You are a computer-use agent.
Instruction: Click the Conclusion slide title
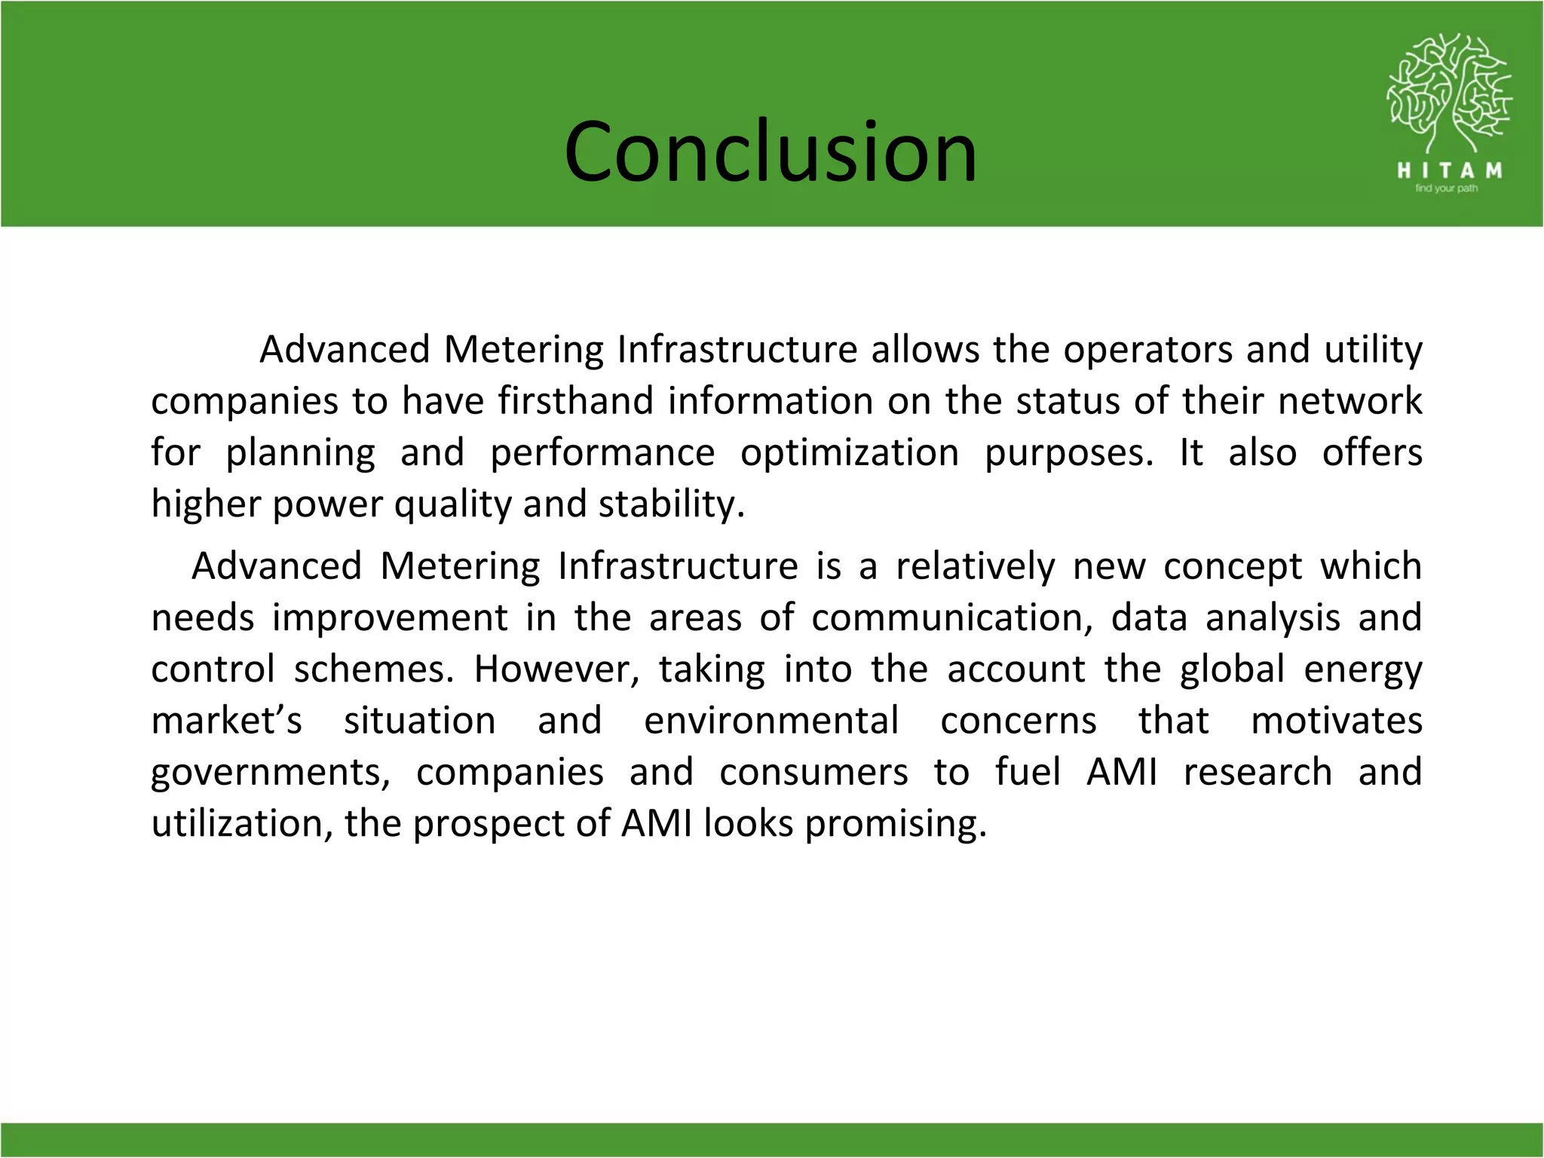click(770, 152)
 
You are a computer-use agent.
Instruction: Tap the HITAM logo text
click(1449, 171)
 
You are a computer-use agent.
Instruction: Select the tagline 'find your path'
click(1446, 188)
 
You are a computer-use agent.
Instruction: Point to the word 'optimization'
click(850, 452)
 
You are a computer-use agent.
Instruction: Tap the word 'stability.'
click(672, 504)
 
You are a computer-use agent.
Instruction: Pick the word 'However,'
click(556, 669)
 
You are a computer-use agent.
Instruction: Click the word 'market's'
click(226, 721)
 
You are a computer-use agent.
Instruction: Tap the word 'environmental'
click(770, 721)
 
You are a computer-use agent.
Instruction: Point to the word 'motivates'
click(1336, 721)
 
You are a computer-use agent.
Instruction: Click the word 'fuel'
click(1028, 772)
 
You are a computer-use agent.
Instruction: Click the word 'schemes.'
click(374, 669)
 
